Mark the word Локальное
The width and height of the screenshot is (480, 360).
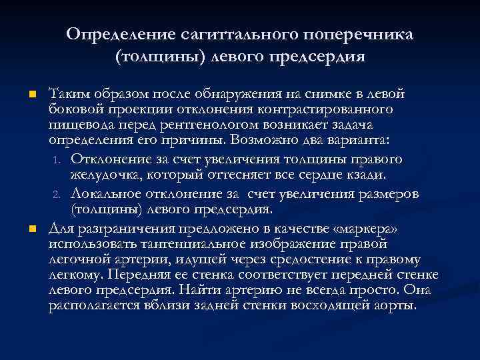coord(104,193)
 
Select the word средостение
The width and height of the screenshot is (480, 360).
coord(306,259)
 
